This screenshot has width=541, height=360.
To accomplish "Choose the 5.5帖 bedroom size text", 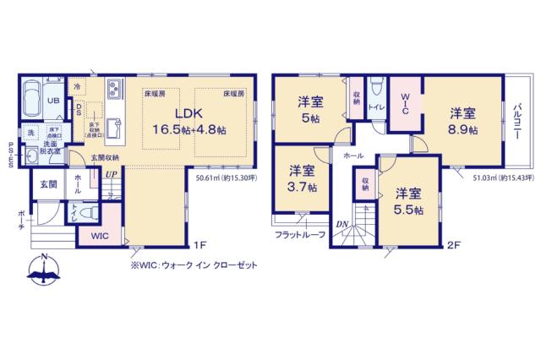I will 408,210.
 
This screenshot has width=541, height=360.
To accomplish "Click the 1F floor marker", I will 199,245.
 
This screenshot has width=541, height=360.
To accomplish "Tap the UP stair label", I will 111,175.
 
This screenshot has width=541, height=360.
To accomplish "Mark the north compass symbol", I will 41,269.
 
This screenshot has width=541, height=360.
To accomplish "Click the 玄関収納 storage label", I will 106,158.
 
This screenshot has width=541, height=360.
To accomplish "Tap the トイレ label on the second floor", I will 377,107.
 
